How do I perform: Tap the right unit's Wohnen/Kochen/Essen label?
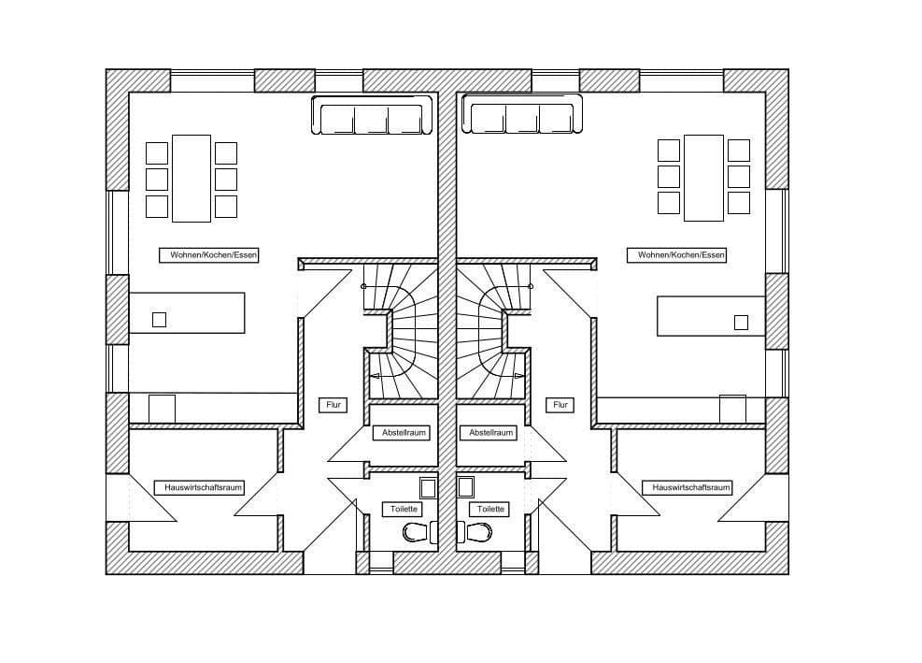(x=681, y=254)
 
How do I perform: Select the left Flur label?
(x=332, y=405)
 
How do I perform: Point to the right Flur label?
(x=560, y=405)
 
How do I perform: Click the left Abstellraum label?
(x=404, y=433)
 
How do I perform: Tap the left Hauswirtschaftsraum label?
(x=204, y=487)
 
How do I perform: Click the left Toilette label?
(x=402, y=509)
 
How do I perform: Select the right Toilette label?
(x=490, y=509)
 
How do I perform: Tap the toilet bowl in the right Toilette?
(x=477, y=533)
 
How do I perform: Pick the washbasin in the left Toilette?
(x=428, y=487)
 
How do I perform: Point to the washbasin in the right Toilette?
(x=465, y=487)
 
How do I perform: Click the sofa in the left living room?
(x=372, y=119)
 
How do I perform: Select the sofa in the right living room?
(x=522, y=119)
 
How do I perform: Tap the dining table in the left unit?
(x=191, y=178)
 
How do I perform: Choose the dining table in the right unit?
(x=703, y=178)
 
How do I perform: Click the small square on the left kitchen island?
(x=159, y=319)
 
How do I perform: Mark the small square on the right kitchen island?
(x=741, y=323)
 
